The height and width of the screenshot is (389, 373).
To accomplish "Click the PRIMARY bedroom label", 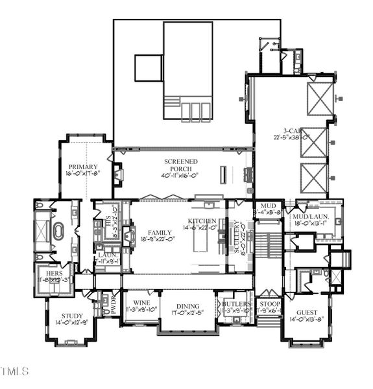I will [82, 167].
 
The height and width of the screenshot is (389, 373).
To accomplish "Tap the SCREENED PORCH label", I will [180, 161].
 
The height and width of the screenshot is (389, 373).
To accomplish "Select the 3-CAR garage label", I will [295, 130].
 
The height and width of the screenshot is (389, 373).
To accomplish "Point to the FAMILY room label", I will [160, 232].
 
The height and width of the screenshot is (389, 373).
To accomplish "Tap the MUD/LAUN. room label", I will [311, 216].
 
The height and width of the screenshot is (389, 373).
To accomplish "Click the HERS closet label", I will [54, 274].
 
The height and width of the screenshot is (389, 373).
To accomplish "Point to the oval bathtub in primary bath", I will [59, 231].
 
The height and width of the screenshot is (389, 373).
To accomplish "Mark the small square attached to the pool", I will [148, 67].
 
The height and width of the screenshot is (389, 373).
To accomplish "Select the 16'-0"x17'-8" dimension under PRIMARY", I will [82, 174].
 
